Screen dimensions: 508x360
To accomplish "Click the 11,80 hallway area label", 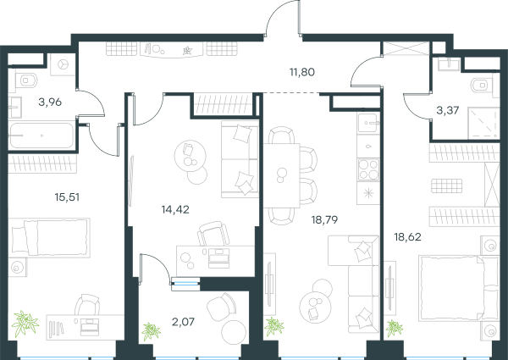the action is pyautogui.click(x=302, y=72).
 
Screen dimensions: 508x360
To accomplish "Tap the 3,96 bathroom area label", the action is pyautogui.click(x=50, y=102).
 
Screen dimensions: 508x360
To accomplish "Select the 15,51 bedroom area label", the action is pyautogui.click(x=67, y=197).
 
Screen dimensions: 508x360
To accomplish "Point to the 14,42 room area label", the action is pyautogui.click(x=175, y=210).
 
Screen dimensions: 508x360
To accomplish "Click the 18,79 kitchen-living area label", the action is pyautogui.click(x=324, y=220).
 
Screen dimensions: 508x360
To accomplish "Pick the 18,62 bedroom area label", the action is pyautogui.click(x=407, y=237).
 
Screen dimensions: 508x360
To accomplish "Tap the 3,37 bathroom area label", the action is pyautogui.click(x=448, y=110).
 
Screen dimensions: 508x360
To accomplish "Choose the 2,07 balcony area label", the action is pyautogui.click(x=184, y=322).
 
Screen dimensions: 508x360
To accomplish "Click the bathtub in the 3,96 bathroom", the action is pyautogui.click(x=41, y=136).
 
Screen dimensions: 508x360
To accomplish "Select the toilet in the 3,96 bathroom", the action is pyautogui.click(x=26, y=80).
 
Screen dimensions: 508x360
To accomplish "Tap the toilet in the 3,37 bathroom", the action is pyautogui.click(x=482, y=86).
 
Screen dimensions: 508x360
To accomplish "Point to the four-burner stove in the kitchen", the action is pyautogui.click(x=368, y=169).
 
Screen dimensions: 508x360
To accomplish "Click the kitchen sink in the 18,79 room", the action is pyautogui.click(x=368, y=123).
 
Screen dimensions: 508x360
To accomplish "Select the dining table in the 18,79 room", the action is pyautogui.click(x=282, y=175).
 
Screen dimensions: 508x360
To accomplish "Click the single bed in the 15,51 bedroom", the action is pyautogui.click(x=49, y=237).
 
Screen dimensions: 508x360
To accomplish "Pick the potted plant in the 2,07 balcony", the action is pyautogui.click(x=151, y=331).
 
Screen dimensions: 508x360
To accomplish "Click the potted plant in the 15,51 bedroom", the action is pyautogui.click(x=25, y=324).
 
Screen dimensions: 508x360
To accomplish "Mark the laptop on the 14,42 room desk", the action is pyautogui.click(x=218, y=258).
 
